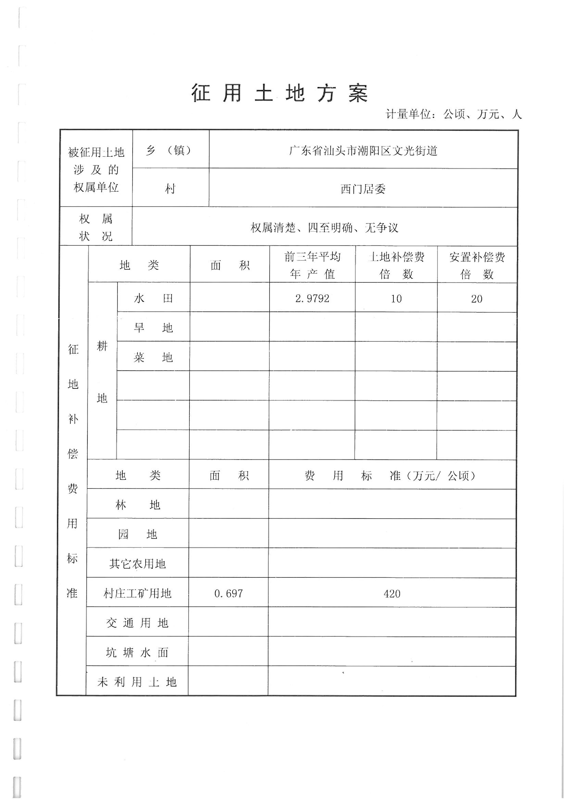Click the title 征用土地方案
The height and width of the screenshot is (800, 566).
click(280, 93)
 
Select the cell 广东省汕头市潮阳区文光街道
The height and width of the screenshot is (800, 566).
click(363, 151)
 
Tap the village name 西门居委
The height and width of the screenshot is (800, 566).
click(363, 189)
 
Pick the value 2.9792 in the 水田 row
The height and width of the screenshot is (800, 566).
click(312, 299)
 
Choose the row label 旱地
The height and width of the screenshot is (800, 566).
click(153, 328)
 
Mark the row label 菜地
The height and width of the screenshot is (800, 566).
click(153, 357)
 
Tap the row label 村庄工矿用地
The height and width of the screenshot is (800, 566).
click(137, 593)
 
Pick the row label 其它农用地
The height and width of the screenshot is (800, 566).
click(137, 564)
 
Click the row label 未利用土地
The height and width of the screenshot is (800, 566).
click(137, 682)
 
